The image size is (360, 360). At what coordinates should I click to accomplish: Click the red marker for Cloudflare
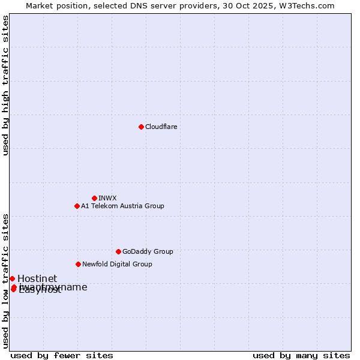[141, 127]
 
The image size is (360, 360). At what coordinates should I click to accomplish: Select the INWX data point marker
[94, 198]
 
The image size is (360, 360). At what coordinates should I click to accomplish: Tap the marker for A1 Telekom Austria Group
[77, 206]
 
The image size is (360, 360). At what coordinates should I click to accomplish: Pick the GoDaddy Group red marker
[118, 251]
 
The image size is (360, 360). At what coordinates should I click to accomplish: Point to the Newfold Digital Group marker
[78, 264]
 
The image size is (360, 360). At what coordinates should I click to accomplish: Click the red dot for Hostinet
[12, 278]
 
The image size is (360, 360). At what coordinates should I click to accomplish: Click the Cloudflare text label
[161, 127]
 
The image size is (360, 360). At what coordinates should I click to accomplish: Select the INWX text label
[107, 198]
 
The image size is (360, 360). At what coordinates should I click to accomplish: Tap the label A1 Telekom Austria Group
[122, 206]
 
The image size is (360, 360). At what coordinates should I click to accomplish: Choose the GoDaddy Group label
[148, 251]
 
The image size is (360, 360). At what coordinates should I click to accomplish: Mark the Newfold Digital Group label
[117, 264]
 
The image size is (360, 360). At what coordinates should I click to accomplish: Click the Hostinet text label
[37, 278]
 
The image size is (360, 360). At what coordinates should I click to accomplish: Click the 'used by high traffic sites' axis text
[6, 85]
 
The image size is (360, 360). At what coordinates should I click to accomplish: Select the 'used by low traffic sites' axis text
[6, 280]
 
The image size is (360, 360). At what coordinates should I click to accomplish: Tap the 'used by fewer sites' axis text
[62, 355]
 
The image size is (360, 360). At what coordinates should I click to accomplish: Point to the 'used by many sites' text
[301, 355]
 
